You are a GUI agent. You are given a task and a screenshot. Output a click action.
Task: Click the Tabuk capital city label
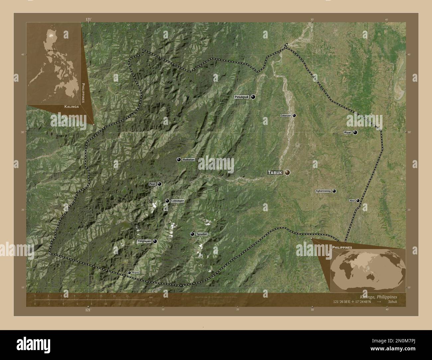point(275,172)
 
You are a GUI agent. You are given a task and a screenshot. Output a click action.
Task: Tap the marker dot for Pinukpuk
point(253,97)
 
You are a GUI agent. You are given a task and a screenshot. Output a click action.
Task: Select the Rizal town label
point(347,133)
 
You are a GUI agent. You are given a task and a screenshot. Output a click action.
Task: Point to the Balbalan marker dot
point(179,160)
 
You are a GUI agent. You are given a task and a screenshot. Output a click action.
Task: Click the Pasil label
point(153,184)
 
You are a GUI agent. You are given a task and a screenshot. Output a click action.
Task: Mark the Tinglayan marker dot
point(155,241)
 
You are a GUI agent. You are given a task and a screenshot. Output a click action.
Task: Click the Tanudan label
point(202,234)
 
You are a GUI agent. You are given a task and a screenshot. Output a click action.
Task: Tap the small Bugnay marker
point(129,273)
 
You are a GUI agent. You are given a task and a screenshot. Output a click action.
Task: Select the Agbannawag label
point(323,191)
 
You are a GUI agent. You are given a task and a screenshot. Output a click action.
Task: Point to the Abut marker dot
point(358,201)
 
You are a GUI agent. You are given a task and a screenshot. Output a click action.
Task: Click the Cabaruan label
point(286,116)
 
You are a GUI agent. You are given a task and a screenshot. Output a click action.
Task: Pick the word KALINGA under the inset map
point(71,107)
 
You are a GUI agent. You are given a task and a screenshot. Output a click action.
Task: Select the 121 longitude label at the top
point(88,20)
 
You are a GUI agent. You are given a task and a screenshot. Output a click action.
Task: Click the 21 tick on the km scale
point(127,296)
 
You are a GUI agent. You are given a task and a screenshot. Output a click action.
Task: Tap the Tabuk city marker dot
point(287,172)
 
